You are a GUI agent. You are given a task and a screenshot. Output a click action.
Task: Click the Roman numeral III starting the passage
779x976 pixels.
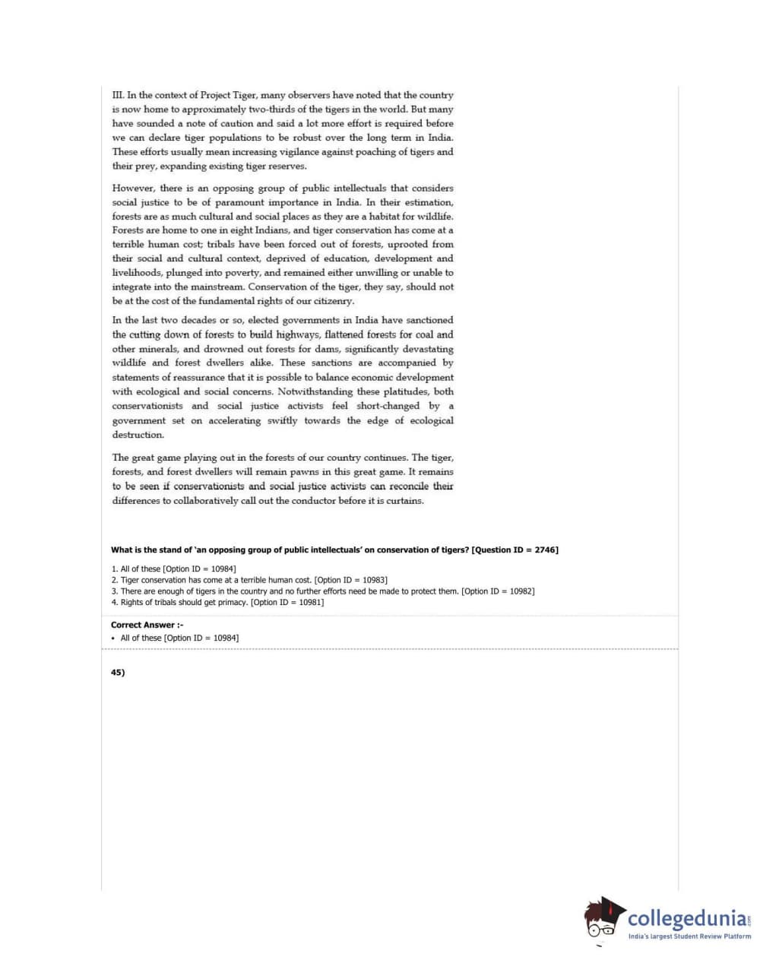coord(118,95)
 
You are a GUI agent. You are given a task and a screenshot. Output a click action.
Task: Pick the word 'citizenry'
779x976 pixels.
coord(332,301)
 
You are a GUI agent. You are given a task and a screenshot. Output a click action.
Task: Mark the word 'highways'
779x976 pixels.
coord(298,334)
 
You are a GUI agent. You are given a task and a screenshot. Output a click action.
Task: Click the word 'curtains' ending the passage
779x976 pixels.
coord(404,501)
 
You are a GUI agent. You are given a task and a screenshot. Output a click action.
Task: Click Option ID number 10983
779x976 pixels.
coord(373,580)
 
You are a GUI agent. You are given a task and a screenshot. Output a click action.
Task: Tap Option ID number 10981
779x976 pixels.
coord(309,602)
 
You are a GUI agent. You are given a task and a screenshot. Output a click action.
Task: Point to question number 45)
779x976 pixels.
coord(118,672)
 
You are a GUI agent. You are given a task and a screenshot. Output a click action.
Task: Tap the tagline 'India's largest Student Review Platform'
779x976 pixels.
coord(689,936)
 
